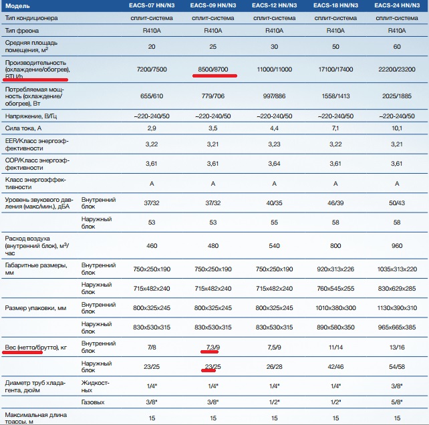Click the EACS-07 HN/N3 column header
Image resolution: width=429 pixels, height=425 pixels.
point(151,5)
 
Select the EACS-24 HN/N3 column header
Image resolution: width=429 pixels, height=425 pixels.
point(396,5)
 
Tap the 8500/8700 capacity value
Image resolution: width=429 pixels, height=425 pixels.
point(213,69)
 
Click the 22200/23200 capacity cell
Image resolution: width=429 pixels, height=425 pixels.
point(396,69)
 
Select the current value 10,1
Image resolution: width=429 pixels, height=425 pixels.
point(396,127)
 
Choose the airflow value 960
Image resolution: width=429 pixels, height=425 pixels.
point(396,246)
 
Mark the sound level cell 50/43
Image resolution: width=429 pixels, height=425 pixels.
point(396,202)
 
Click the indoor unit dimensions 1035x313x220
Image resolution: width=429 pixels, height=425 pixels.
point(396,269)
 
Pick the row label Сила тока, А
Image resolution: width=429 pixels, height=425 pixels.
point(23,127)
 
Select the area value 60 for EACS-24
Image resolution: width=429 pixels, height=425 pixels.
point(396,47)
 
